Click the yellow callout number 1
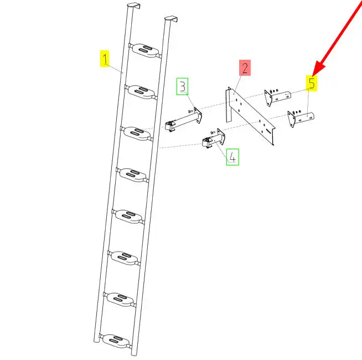105,59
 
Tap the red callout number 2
245,67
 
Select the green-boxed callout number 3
183,86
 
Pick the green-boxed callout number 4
232,157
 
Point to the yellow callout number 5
312,83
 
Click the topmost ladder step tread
146,50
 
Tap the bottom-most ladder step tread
116,341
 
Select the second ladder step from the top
141,92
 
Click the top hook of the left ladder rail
134,6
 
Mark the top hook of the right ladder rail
171,19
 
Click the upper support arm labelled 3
184,120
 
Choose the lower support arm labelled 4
213,138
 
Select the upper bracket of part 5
277,97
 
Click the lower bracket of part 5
301,118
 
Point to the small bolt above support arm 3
190,111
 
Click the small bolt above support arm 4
213,132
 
